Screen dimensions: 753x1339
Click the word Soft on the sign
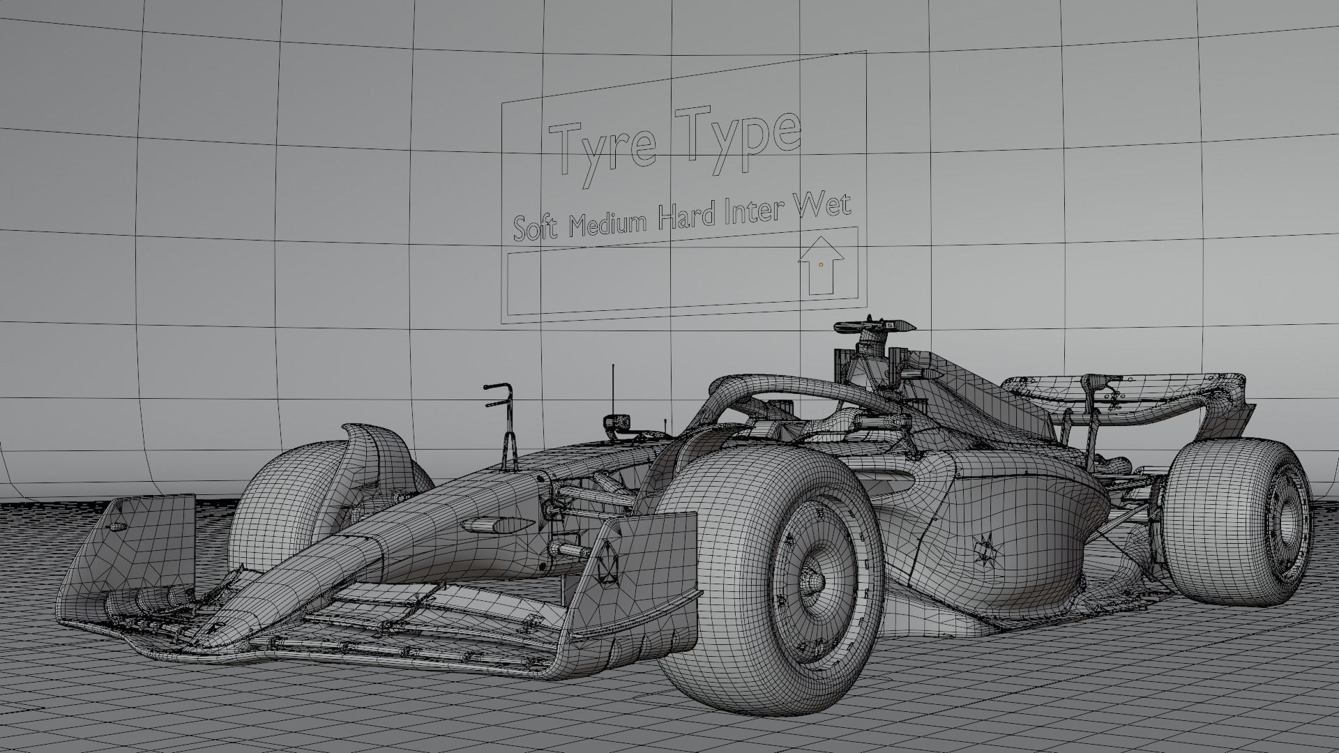pos(535,227)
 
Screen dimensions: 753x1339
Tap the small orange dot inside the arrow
pos(821,265)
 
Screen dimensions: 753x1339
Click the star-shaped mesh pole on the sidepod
pos(985,549)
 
